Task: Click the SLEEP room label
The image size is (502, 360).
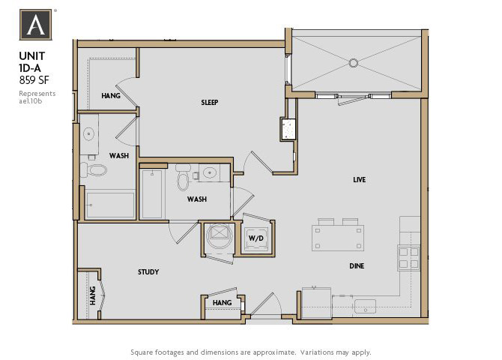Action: click(209, 102)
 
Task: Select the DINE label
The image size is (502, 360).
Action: click(357, 265)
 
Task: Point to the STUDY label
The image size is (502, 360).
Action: click(148, 271)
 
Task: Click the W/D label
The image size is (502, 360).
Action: click(255, 239)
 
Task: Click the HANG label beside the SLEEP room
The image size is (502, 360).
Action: click(111, 96)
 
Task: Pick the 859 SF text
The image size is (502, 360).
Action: click(34, 81)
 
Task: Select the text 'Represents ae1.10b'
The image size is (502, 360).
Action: click(37, 97)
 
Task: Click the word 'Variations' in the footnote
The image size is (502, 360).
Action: click(316, 352)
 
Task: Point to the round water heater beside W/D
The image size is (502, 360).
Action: click(220, 235)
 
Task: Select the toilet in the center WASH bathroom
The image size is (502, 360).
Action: click(183, 181)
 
